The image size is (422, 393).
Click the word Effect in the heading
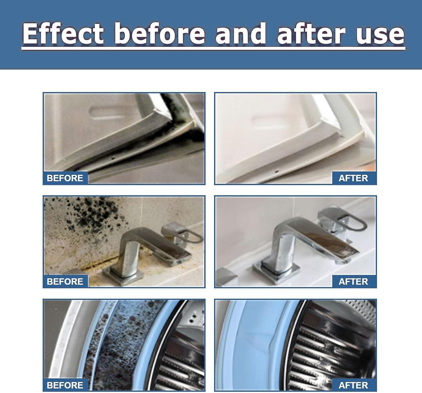click(63, 34)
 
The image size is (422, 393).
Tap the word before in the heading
click(160, 34)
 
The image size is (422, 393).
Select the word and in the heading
click(241, 34)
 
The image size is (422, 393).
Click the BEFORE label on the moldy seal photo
click(65, 178)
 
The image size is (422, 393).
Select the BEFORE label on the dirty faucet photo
click(65, 281)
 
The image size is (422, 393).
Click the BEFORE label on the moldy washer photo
click(65, 385)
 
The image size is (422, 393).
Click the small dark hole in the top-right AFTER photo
click(277, 171)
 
